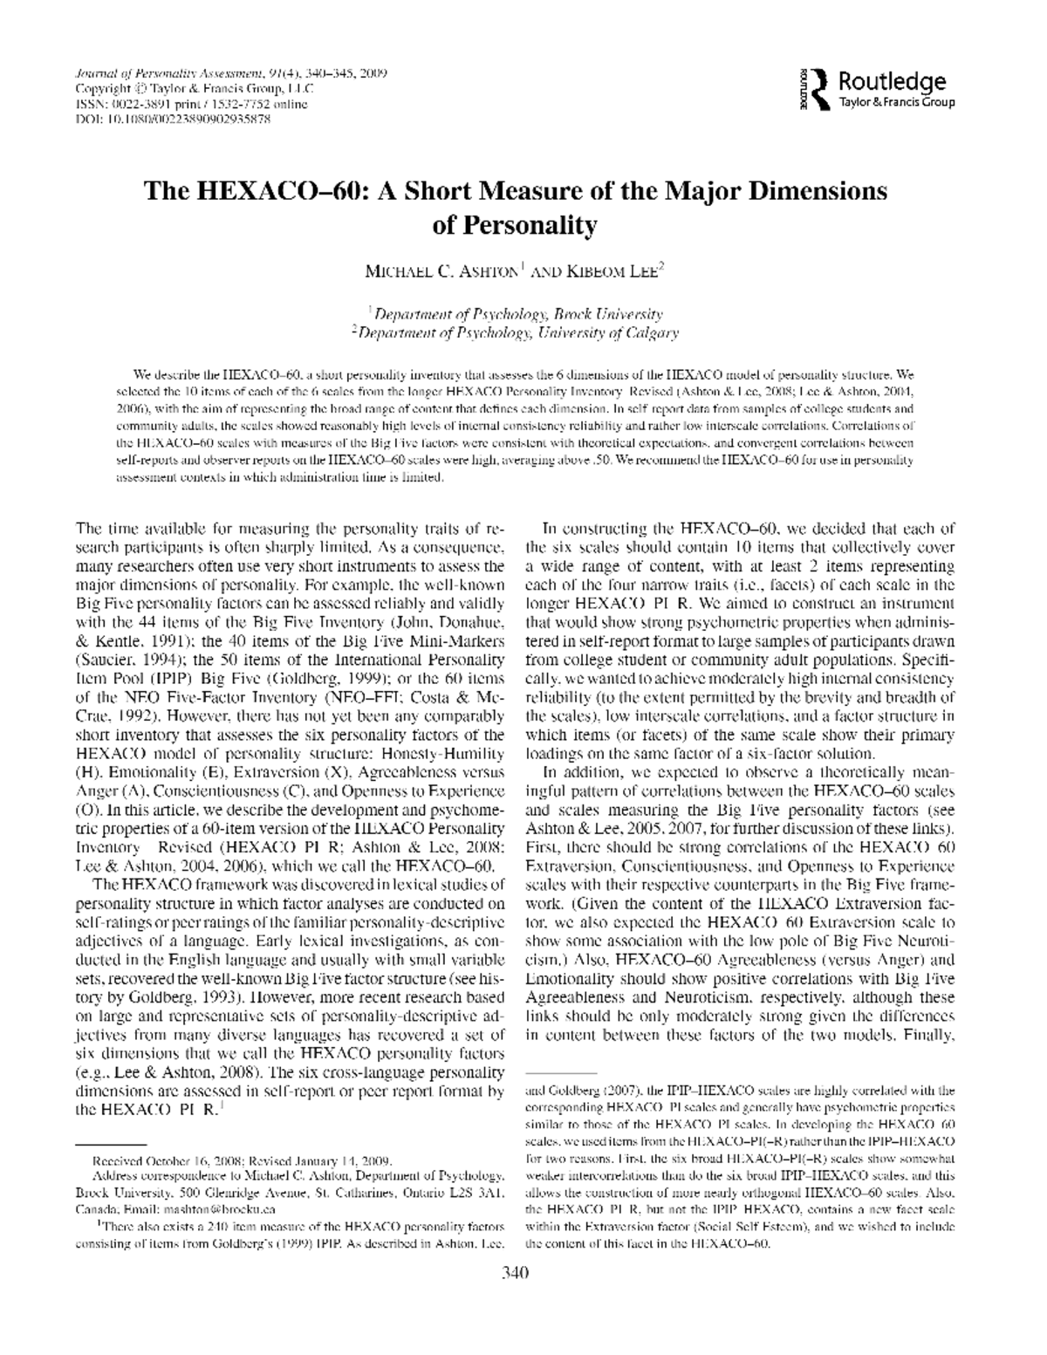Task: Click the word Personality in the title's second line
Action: click(x=515, y=224)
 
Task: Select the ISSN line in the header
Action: click(x=192, y=105)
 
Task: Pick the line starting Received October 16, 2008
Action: click(x=243, y=1161)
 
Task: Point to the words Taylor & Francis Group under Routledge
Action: click(x=897, y=102)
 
